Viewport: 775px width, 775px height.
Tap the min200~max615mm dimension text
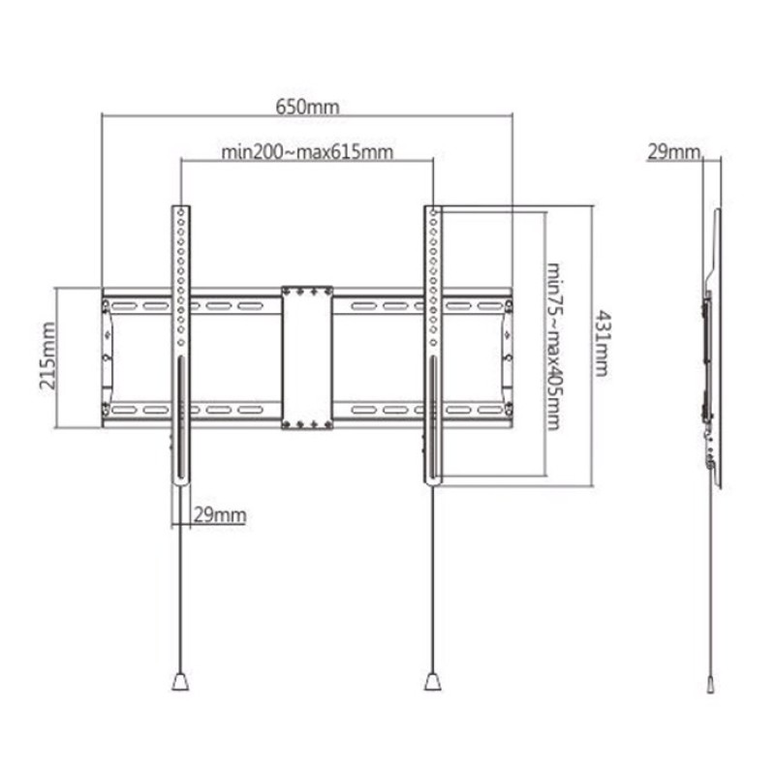(307, 152)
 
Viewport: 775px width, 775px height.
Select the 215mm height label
(46, 356)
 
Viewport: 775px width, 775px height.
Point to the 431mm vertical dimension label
(602, 344)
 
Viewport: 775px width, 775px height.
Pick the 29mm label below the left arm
(219, 514)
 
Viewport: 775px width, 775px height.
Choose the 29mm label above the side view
(673, 151)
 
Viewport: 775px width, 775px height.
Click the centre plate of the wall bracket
(307, 356)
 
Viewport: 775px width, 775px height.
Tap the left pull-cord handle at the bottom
(180, 682)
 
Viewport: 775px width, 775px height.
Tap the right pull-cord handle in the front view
(432, 682)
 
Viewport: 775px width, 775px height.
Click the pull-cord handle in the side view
(712, 683)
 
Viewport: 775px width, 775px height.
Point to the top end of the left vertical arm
(180, 210)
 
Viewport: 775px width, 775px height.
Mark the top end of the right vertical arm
(432, 210)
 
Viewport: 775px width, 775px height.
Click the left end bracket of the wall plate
(107, 356)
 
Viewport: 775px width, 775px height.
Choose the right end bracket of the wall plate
(508, 356)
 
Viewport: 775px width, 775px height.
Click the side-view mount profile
(713, 339)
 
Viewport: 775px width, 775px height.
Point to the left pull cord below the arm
(180, 581)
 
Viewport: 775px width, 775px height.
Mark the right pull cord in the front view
(432, 581)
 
